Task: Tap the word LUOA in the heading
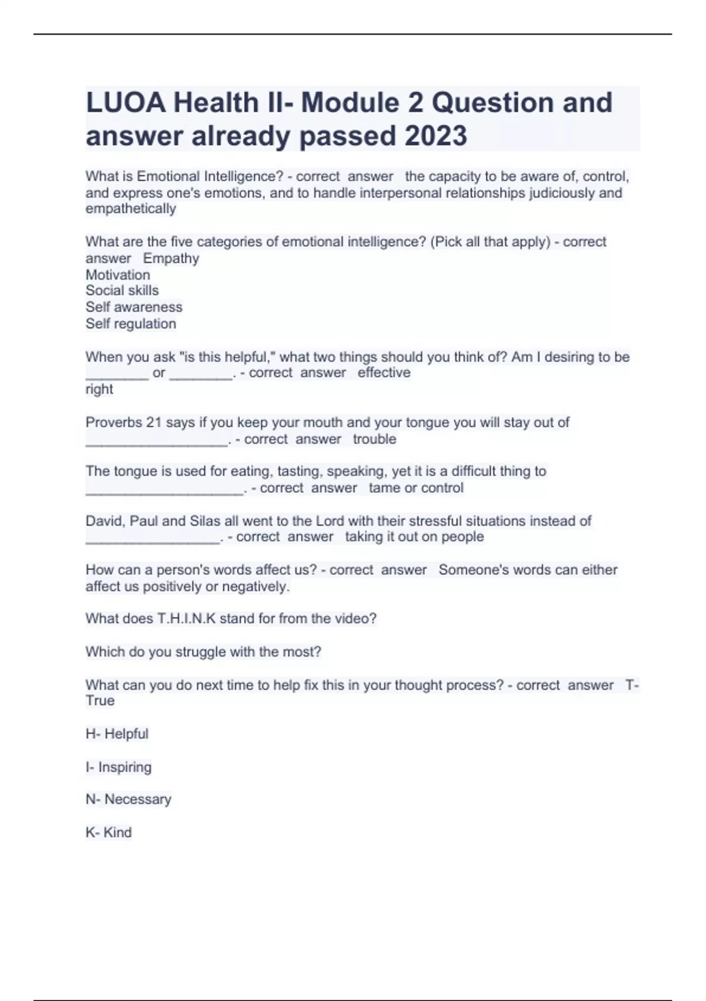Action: [x=126, y=103]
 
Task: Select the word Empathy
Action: [x=171, y=258]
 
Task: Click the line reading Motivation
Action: [x=118, y=275]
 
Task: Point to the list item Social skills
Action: [x=122, y=291]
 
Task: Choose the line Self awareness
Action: [x=134, y=307]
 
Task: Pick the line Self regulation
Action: [x=131, y=324]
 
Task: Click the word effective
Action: [x=384, y=373]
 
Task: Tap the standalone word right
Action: [x=99, y=389]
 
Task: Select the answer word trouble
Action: [x=375, y=439]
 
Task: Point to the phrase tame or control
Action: [x=416, y=488]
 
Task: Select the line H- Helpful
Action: [x=117, y=734]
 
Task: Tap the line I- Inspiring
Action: [x=119, y=767]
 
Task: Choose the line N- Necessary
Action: [x=128, y=800]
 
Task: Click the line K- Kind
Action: [x=109, y=833]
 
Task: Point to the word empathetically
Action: [x=131, y=209]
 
